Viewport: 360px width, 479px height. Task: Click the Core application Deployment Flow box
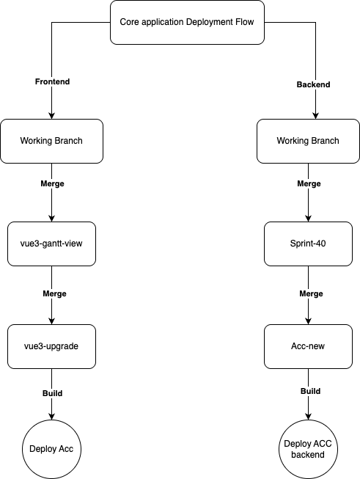click(x=187, y=22)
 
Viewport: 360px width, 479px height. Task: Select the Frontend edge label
click(x=52, y=81)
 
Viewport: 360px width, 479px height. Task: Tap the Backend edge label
click(x=313, y=84)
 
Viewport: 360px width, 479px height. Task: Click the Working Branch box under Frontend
click(x=51, y=141)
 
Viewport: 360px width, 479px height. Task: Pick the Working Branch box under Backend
click(x=308, y=141)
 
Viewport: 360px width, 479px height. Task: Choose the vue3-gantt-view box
click(x=51, y=244)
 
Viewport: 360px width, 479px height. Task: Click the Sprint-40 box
click(x=308, y=244)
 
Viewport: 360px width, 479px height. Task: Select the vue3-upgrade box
click(x=51, y=346)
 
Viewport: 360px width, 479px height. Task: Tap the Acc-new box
click(x=308, y=346)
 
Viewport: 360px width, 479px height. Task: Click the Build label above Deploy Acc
click(x=52, y=393)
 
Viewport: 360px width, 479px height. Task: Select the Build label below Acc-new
click(x=310, y=391)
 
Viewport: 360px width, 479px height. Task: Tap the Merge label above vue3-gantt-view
click(x=52, y=183)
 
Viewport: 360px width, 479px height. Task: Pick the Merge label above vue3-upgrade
click(x=54, y=293)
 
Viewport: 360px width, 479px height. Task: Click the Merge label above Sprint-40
click(x=309, y=183)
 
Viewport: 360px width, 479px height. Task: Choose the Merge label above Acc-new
click(x=311, y=293)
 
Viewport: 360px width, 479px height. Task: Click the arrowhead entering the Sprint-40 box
click(x=308, y=219)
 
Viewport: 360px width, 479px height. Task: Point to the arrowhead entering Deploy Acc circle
click(x=51, y=417)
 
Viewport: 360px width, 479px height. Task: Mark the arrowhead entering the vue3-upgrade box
click(x=51, y=321)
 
